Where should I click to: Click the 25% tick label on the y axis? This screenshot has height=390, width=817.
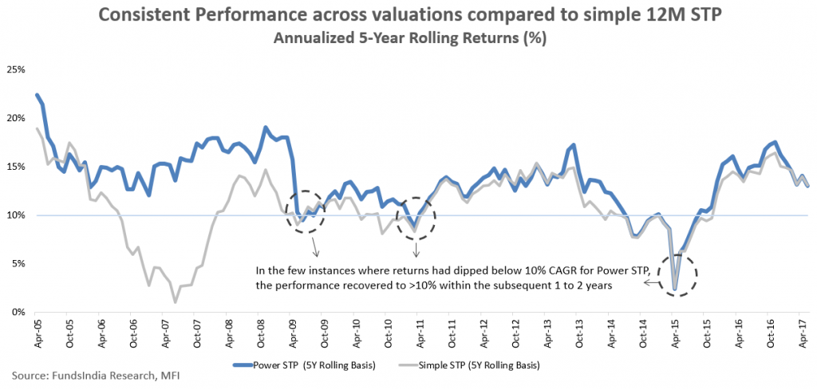click(16, 69)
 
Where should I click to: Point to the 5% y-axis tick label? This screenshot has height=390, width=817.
click(18, 264)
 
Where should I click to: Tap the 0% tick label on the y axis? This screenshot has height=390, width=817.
click(18, 313)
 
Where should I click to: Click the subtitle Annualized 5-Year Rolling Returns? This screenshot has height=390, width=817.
click(408, 37)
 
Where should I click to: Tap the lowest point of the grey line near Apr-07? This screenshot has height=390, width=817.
click(175, 302)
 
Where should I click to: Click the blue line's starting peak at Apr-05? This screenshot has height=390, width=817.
click(37, 94)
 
